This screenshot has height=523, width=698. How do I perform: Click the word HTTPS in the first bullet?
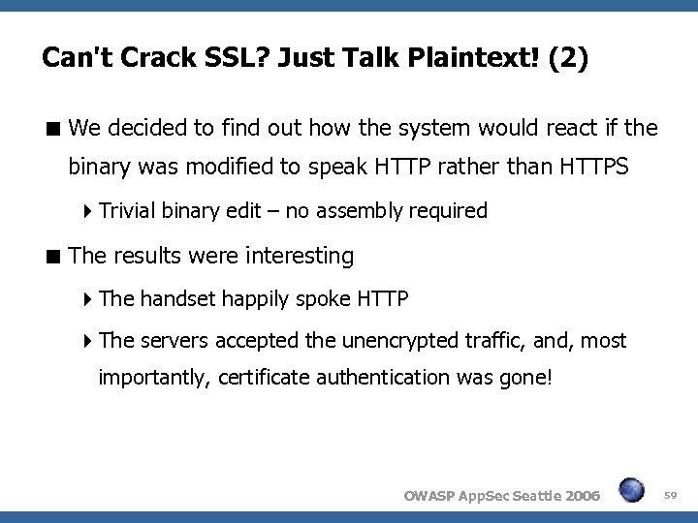[594, 167]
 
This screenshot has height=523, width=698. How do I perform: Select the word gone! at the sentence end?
[526, 376]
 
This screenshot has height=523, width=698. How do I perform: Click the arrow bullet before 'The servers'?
[88, 342]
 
